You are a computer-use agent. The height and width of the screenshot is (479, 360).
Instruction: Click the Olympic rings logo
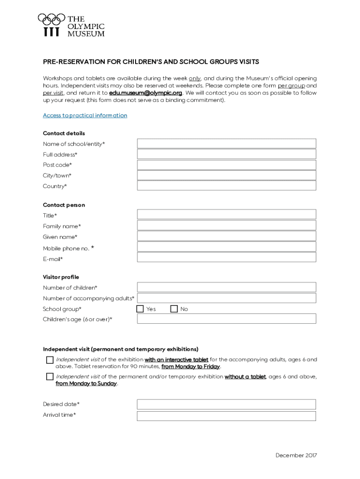(x=51, y=20)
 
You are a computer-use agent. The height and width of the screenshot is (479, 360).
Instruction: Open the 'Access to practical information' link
(x=85, y=116)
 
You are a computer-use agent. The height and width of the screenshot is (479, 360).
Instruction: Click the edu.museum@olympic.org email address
(x=145, y=93)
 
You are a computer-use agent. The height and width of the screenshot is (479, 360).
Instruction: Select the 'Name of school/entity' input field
(x=226, y=144)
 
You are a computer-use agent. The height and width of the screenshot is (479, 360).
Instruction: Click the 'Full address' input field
(x=226, y=154)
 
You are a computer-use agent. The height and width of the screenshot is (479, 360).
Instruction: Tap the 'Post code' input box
(x=226, y=165)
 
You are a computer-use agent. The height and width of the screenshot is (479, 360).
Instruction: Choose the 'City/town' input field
(x=226, y=175)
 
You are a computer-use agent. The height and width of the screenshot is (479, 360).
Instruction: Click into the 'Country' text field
(x=226, y=186)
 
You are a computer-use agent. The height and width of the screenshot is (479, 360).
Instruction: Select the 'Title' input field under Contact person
(x=226, y=215)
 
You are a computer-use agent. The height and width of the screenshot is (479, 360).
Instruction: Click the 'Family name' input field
(x=226, y=225)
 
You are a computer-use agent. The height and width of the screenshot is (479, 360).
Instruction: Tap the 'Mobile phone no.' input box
(x=226, y=247)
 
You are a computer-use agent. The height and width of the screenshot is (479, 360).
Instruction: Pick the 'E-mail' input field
(x=226, y=258)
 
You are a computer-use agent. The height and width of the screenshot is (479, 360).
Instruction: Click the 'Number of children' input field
(x=226, y=287)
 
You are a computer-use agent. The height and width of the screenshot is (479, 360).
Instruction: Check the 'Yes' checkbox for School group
(x=140, y=309)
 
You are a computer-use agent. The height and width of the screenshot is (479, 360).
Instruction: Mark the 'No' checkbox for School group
(x=174, y=309)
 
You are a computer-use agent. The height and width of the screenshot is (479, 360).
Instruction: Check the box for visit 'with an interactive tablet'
(x=50, y=360)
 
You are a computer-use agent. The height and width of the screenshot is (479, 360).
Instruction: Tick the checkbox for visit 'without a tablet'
(x=50, y=377)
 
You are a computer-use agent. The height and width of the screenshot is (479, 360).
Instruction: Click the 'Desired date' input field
(x=226, y=404)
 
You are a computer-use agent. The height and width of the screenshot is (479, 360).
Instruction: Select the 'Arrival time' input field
(x=226, y=416)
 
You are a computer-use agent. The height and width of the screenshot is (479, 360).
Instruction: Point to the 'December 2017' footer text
(x=296, y=455)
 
